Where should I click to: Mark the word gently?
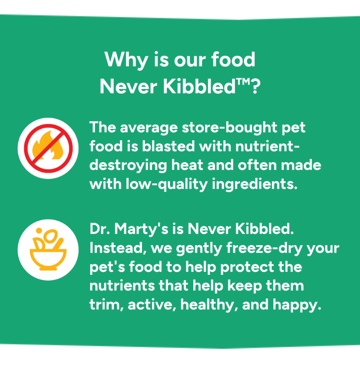coord(200,249)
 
